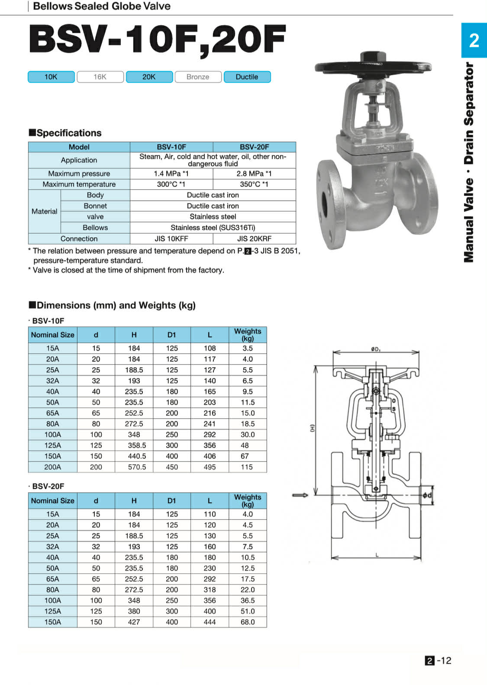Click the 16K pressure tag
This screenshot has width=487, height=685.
(100, 77)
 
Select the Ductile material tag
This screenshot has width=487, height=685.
(247, 77)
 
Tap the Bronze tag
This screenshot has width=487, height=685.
(198, 77)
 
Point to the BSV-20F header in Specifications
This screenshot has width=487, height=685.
(254, 147)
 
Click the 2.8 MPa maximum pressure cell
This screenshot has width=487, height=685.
(254, 174)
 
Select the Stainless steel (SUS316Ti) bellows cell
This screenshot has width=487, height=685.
(213, 228)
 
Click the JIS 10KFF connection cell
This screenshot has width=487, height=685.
(171, 239)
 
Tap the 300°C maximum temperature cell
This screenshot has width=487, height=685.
(171, 184)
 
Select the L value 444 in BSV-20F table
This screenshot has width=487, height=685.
(210, 622)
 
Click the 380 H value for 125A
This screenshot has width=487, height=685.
(134, 611)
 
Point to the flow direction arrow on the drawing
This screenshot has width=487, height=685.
(300, 495)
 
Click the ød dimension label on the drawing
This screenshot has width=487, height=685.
(427, 495)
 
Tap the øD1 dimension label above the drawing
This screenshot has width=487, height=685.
(376, 349)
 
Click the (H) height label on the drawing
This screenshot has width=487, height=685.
(312, 428)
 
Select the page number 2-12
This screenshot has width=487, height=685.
(438, 660)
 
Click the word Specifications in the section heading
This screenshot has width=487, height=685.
(69, 133)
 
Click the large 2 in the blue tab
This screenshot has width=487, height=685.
(474, 41)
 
